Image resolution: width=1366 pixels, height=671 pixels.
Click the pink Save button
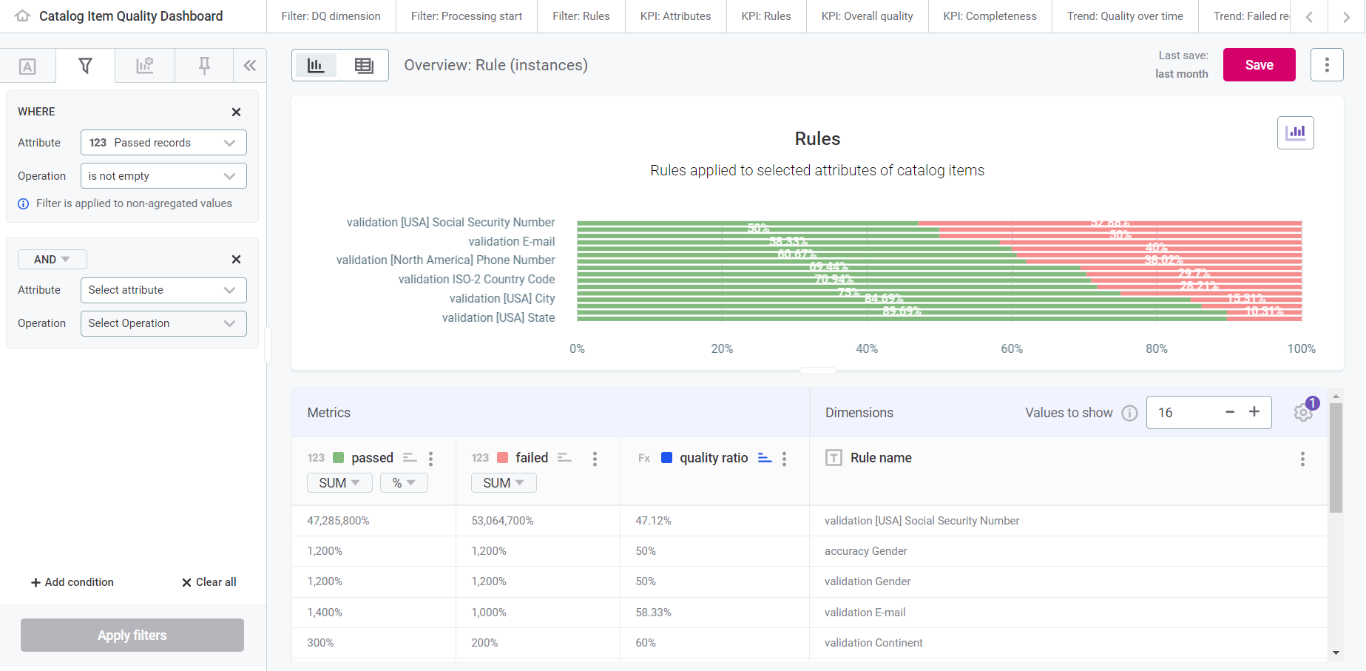pyautogui.click(x=1259, y=65)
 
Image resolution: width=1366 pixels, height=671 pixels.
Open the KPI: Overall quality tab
pyautogui.click(x=867, y=16)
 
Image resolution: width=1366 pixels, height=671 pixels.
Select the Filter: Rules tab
pyautogui.click(x=581, y=16)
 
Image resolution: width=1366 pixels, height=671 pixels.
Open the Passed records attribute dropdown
pyautogui.click(x=163, y=143)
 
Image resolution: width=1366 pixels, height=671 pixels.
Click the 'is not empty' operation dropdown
pyautogui.click(x=163, y=176)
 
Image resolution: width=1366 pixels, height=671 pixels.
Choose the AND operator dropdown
pyautogui.click(x=52, y=260)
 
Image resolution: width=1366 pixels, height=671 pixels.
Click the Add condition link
pyautogui.click(x=72, y=582)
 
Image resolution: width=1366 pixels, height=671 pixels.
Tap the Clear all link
pyautogui.click(x=209, y=582)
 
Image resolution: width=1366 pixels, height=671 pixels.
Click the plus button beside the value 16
pyautogui.click(x=1254, y=412)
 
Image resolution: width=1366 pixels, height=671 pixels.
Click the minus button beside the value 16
pyautogui.click(x=1230, y=412)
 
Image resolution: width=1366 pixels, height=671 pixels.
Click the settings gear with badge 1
pyautogui.click(x=1303, y=413)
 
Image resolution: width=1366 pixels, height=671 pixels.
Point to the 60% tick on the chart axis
pyautogui.click(x=1012, y=349)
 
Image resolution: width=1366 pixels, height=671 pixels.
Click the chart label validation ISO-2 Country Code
pyautogui.click(x=476, y=280)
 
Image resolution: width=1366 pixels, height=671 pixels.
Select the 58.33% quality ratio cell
pyautogui.click(x=654, y=613)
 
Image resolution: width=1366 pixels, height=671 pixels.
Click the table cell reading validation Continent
pyautogui.click(x=873, y=643)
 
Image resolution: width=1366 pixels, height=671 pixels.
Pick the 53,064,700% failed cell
pyautogui.click(x=502, y=521)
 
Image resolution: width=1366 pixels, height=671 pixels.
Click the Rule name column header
pyautogui.click(x=881, y=458)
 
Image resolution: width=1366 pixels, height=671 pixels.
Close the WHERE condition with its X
pyautogui.click(x=236, y=112)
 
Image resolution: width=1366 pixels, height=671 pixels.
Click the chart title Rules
pyautogui.click(x=817, y=139)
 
